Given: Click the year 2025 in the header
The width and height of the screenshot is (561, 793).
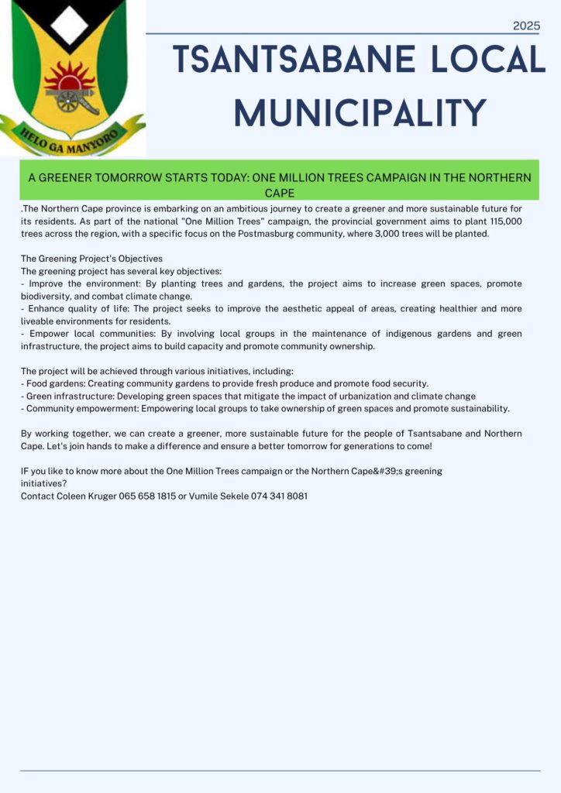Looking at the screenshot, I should pos(526,26).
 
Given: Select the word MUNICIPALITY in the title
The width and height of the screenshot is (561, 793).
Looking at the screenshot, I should pos(360,113).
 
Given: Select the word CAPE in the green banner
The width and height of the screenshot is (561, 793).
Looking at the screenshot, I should pos(280,193).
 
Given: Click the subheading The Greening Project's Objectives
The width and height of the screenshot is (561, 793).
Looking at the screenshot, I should pos(91,259).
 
